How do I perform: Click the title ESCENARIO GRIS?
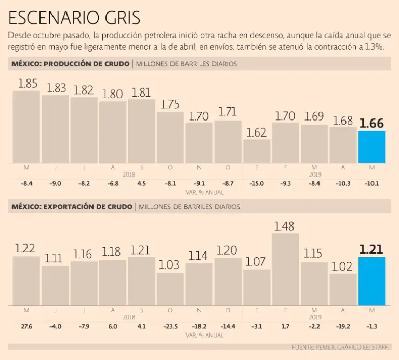click(x=74, y=18)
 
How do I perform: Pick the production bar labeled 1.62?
click(x=257, y=151)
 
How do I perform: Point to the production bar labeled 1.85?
click(x=26, y=127)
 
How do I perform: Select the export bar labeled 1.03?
click(x=170, y=289)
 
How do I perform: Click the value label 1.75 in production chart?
click(x=170, y=104)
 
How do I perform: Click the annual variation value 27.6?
click(x=26, y=326)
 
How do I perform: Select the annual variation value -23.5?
click(x=170, y=326)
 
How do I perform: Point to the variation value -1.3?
click(x=371, y=326)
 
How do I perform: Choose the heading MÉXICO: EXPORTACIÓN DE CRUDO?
click(x=71, y=206)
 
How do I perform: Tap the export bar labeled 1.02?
click(x=343, y=289)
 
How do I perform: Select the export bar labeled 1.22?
click(x=26, y=281)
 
